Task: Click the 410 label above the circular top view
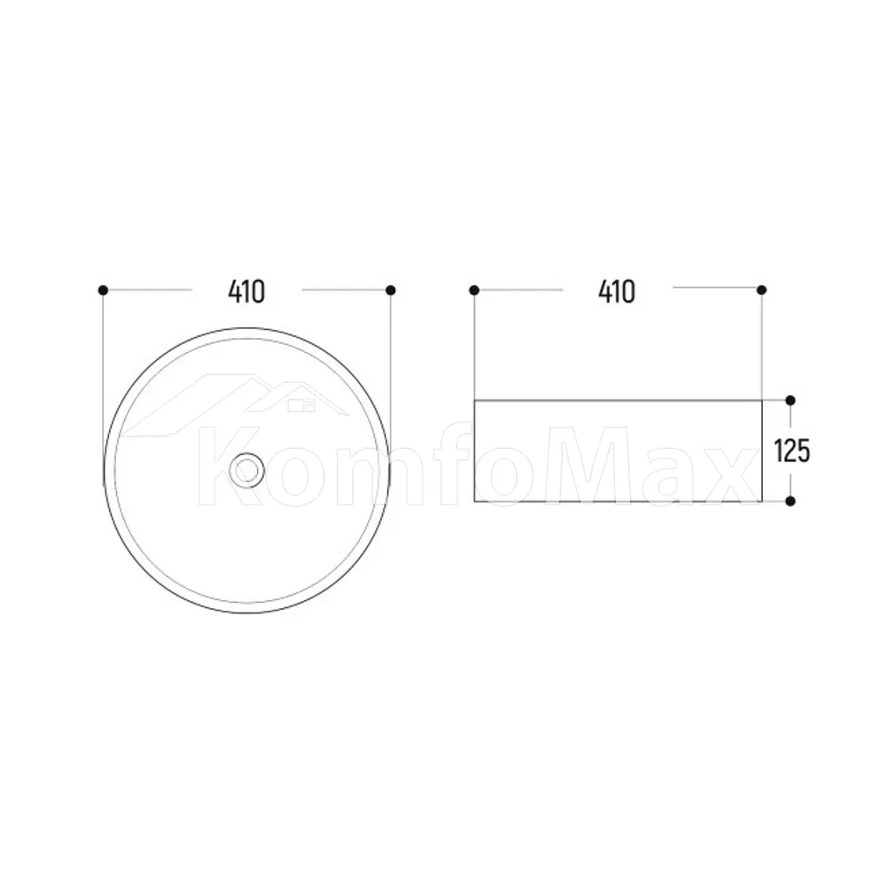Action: (x=246, y=292)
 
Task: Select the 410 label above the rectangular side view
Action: (x=617, y=292)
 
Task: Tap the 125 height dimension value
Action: (x=792, y=451)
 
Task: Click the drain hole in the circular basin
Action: (x=246, y=470)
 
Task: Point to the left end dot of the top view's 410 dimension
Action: (x=103, y=290)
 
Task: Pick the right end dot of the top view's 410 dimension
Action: (x=392, y=290)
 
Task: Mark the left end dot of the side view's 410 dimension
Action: (x=474, y=290)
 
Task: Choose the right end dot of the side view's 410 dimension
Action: (x=761, y=290)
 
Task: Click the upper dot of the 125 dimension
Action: (x=790, y=400)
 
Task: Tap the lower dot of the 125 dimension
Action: (x=790, y=502)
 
